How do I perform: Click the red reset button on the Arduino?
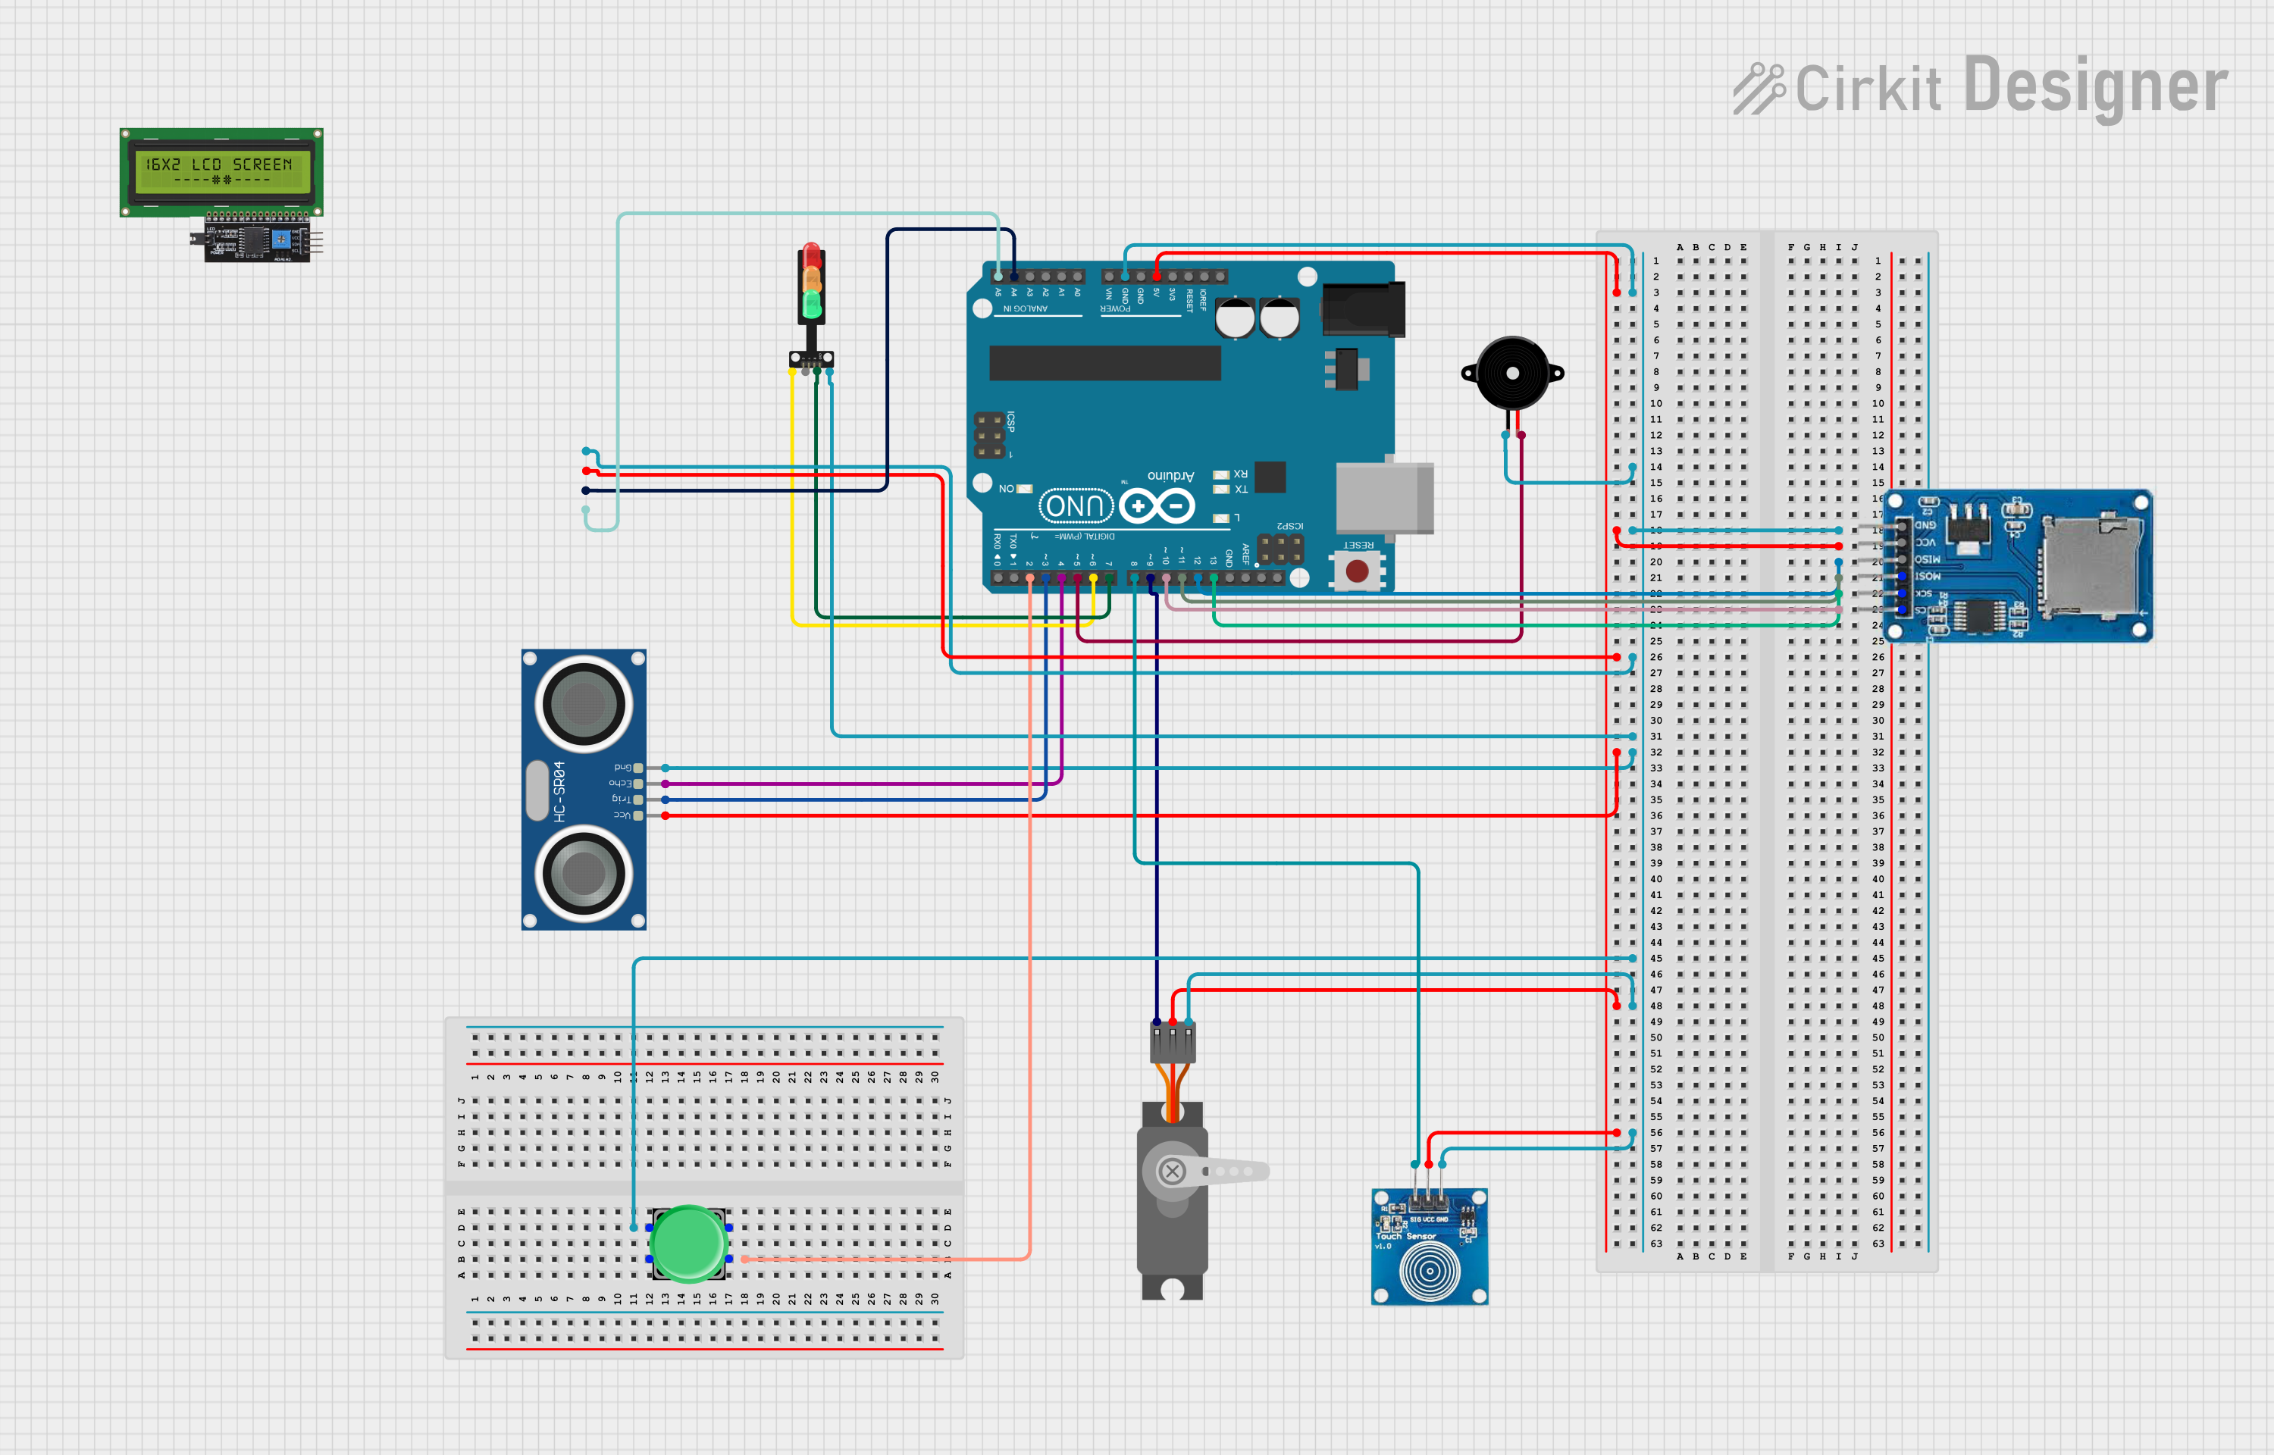pos(1357,571)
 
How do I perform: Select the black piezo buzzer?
pos(1511,373)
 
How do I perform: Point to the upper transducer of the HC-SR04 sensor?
pos(584,704)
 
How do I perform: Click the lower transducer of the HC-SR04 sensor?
pos(584,873)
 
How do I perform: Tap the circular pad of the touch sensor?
pos(1429,1270)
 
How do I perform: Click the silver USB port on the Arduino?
pos(1384,498)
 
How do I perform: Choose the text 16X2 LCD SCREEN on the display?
pos(219,164)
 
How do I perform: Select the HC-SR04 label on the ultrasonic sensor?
pos(559,791)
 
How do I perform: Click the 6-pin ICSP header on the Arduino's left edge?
pos(989,435)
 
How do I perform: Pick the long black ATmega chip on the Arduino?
pos(1104,363)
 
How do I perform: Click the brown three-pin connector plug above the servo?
pos(1173,1043)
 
